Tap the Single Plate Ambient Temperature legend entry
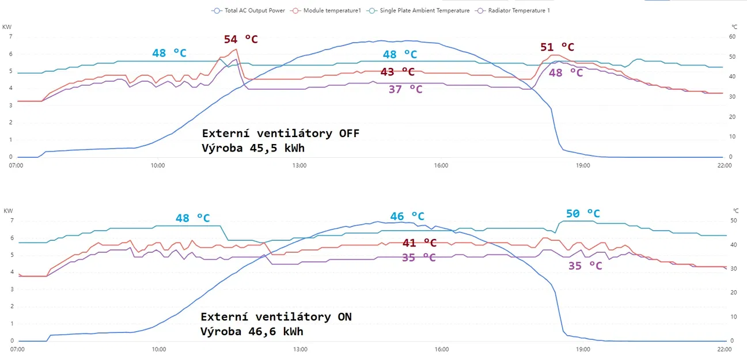pyautogui.click(x=424, y=10)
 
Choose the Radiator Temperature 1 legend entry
pyautogui.click(x=518, y=10)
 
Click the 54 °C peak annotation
pyautogui.click(x=241, y=39)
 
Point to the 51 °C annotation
pyautogui.click(x=557, y=47)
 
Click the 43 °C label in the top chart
pyautogui.click(x=397, y=71)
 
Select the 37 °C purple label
pyautogui.click(x=405, y=89)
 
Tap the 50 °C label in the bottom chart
pyautogui.click(x=583, y=214)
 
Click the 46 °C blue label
pyautogui.click(x=407, y=217)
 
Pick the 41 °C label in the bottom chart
pyautogui.click(x=419, y=243)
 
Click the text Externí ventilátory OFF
pyautogui.click(x=280, y=134)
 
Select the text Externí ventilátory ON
pyautogui.click(x=276, y=317)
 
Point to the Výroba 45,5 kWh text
pyautogui.click(x=253, y=148)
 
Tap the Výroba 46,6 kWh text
pyautogui.click(x=252, y=331)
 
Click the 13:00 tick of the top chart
pyautogui.click(x=299, y=166)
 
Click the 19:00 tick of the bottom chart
pyautogui.click(x=583, y=349)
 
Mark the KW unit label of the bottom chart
pyautogui.click(x=7, y=210)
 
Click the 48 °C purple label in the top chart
pyautogui.click(x=566, y=73)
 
